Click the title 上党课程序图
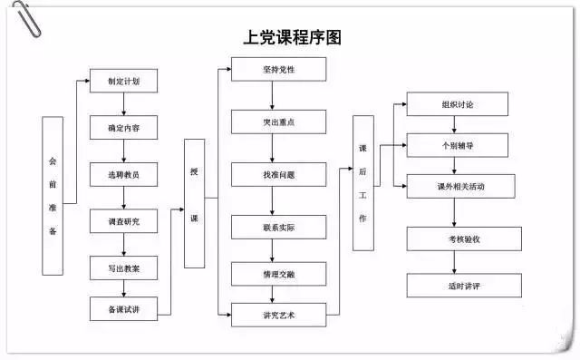291,39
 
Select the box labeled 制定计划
123,81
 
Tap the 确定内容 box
123,128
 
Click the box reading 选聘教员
123,174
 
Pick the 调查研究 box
123,221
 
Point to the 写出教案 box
123,268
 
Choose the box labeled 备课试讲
123,309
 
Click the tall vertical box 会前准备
53,195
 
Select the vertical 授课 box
194,203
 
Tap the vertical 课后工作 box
363,182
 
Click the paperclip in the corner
24,18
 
